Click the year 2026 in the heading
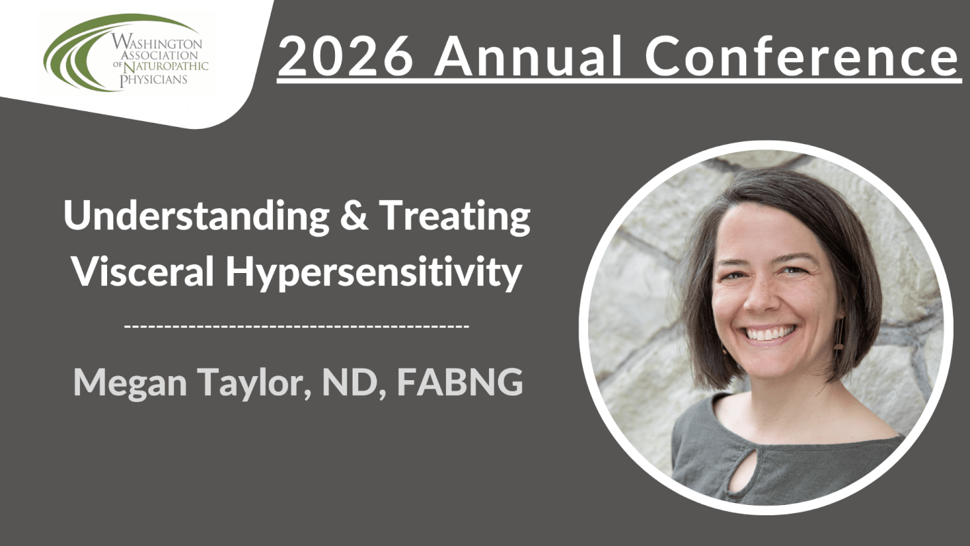coord(346,56)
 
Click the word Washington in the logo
coord(156,42)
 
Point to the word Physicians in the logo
coord(153,79)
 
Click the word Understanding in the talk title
coord(196,216)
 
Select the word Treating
coord(455,216)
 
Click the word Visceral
coord(143,271)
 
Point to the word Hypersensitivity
coord(374,272)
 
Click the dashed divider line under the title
coord(297,326)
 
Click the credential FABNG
coord(460,382)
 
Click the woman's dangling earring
coord(840,334)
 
